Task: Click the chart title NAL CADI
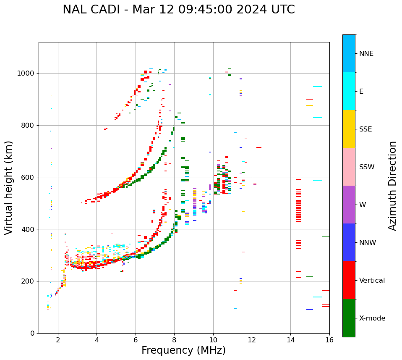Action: (178, 10)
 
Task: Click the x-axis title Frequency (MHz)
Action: (183, 350)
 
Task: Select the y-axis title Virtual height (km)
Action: (9, 187)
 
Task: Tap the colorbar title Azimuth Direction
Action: (392, 186)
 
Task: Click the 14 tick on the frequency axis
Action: (290, 340)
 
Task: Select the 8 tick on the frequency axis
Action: (174, 340)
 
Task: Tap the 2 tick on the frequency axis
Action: (58, 340)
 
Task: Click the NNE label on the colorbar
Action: (366, 54)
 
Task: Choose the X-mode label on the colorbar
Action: (372, 318)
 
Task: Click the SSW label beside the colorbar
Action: (366, 167)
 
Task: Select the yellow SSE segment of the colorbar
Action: (349, 129)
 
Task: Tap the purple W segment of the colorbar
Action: (349, 205)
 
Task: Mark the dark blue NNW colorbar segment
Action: (349, 242)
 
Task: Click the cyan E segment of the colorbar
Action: (349, 91)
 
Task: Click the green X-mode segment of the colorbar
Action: (349, 318)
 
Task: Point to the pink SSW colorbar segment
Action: (349, 167)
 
